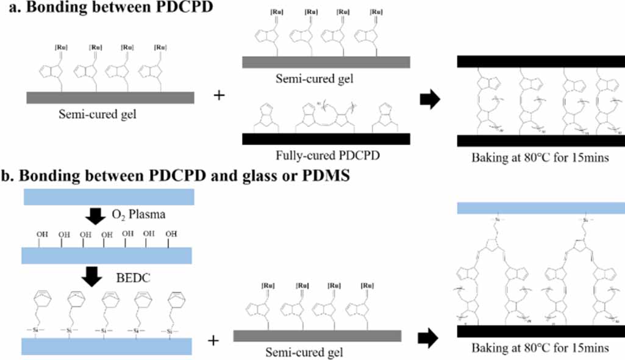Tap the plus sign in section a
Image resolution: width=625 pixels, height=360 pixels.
[x=218, y=96]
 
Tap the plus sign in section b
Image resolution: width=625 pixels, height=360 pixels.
[x=213, y=340]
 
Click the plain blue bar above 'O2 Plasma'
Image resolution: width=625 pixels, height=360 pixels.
[x=107, y=197]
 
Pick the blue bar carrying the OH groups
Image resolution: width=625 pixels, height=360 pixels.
[x=107, y=254]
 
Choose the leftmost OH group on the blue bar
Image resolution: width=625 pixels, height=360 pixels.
[x=41, y=234]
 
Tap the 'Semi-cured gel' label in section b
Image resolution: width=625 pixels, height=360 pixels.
[x=304, y=352]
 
